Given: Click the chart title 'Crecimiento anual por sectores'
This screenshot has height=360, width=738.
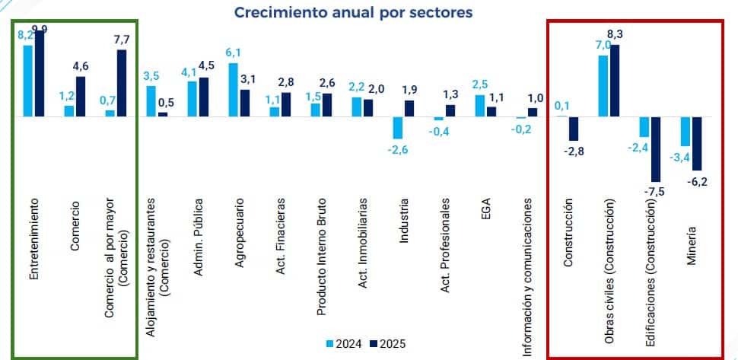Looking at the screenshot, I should pos(353,13).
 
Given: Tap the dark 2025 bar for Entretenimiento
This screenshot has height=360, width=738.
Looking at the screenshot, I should pos(40,74).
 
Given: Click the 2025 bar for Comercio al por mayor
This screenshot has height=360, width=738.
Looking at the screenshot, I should pos(122,83).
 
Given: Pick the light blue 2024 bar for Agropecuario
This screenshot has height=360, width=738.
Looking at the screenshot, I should pos(234,90).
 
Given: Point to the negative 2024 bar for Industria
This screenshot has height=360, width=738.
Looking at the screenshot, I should pos(397,127).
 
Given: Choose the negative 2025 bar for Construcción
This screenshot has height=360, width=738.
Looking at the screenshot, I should pos(574,129).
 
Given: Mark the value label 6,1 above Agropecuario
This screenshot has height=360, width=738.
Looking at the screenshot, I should pos(234,52).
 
